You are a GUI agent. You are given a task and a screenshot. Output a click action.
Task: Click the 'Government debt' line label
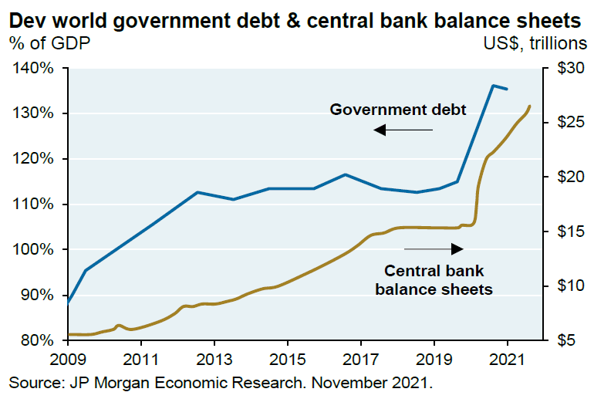tap(398, 110)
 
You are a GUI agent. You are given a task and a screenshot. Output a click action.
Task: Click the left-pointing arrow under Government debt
tap(403, 130)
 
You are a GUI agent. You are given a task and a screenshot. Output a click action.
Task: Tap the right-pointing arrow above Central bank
tap(434, 248)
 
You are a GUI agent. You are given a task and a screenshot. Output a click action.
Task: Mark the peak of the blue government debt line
tap(493, 85)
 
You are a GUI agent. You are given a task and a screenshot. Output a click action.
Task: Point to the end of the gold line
tap(530, 106)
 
